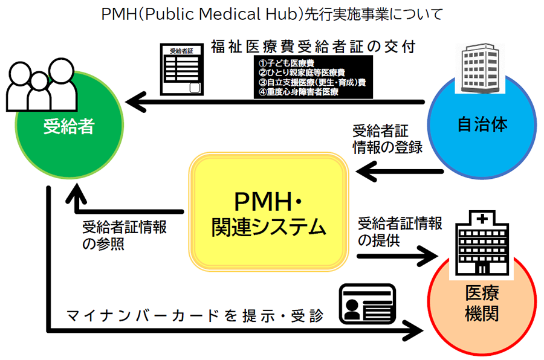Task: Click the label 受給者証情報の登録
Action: click(x=387, y=139)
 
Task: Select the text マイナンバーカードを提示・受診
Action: click(x=193, y=315)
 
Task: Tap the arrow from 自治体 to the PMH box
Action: click(x=399, y=173)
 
